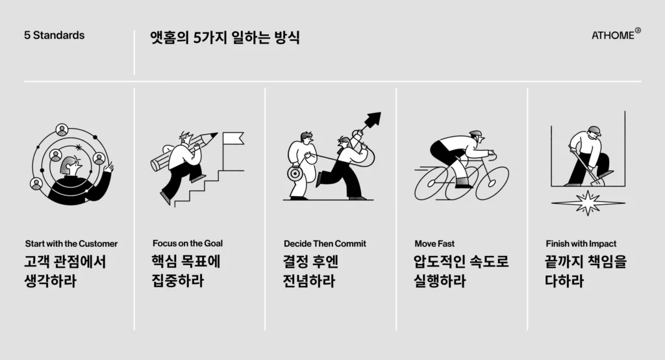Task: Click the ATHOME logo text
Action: (x=613, y=35)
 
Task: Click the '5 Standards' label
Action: (x=55, y=35)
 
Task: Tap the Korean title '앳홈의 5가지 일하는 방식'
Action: (x=225, y=37)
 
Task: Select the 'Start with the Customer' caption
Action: (x=71, y=244)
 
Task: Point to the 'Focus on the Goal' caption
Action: (x=188, y=243)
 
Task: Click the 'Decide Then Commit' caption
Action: (x=325, y=244)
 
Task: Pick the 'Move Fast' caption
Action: (x=434, y=244)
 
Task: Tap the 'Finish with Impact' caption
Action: (x=581, y=244)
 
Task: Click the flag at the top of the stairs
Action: (x=233, y=138)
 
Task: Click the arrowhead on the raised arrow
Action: (x=373, y=119)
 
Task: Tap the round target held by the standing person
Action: (x=294, y=174)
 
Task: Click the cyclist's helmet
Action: (x=476, y=134)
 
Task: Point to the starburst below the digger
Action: (x=588, y=203)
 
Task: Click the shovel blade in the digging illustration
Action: (x=597, y=181)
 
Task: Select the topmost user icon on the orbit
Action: (x=62, y=129)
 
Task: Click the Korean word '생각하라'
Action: (x=51, y=281)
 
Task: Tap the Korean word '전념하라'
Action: (x=308, y=281)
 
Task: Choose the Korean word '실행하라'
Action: (x=440, y=281)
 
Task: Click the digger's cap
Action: (x=595, y=130)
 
